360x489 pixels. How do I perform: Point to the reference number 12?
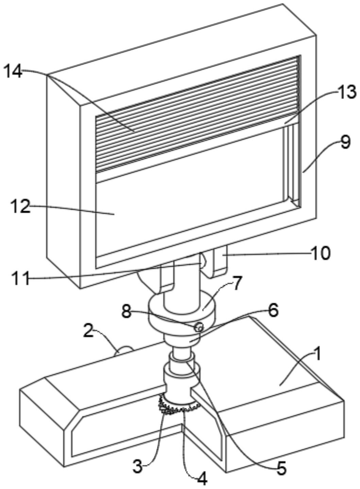pyautogui.click(x=20, y=207)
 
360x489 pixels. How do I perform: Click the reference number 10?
pyautogui.click(x=320, y=253)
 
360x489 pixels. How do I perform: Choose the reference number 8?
pyautogui.click(x=126, y=311)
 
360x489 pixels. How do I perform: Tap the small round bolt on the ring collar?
pyautogui.click(x=199, y=327)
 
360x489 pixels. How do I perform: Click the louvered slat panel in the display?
pyautogui.click(x=197, y=112)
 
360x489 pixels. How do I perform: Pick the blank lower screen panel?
pyautogui.click(x=190, y=201)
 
